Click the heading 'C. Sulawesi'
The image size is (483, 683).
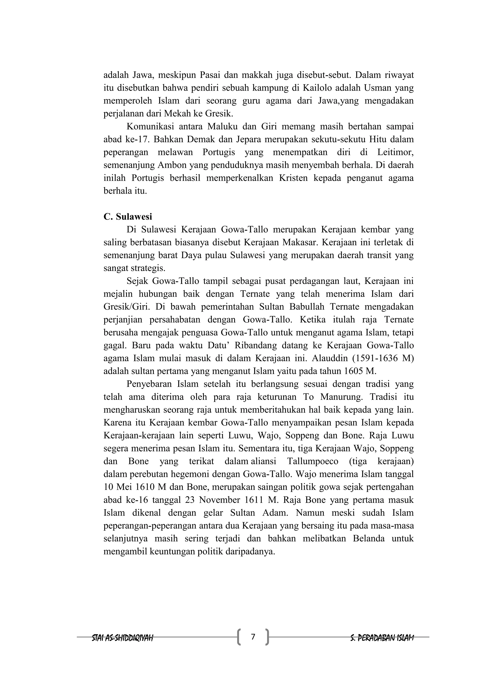(128, 217)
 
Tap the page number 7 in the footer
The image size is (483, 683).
(253, 637)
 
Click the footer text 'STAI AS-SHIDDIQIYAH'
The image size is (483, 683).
(123, 637)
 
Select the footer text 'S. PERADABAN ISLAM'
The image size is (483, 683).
(382, 637)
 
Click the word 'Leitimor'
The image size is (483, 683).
(395, 152)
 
